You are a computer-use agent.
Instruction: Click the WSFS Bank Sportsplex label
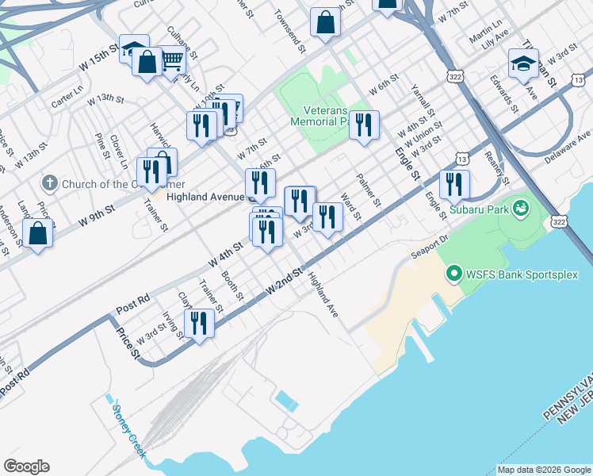click(x=522, y=275)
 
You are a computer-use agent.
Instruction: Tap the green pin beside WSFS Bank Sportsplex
click(x=454, y=275)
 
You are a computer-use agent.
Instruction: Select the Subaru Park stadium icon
click(x=521, y=209)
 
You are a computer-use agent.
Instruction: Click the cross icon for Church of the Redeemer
click(x=48, y=183)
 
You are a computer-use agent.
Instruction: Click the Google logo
click(x=26, y=466)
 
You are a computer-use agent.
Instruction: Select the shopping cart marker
click(x=172, y=59)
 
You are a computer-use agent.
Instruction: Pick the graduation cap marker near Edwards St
click(x=523, y=63)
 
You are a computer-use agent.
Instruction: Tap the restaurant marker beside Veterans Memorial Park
click(x=364, y=125)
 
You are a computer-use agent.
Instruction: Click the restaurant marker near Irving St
click(x=199, y=323)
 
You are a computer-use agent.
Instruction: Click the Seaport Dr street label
click(x=430, y=246)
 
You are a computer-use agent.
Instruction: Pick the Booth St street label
click(x=232, y=286)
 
